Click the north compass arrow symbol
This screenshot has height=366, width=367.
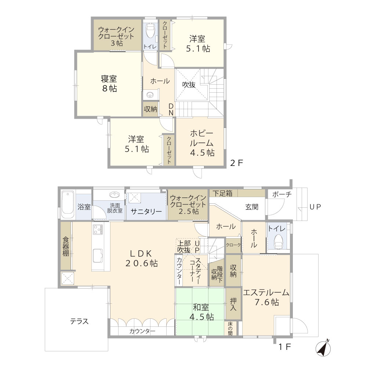click(323, 348)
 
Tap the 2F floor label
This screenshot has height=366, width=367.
click(237, 163)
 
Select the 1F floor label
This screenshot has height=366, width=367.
click(285, 347)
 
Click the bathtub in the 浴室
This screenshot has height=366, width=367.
click(68, 205)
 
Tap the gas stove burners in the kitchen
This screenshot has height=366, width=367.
click(98, 229)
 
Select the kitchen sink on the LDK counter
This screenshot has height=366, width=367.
click(98, 255)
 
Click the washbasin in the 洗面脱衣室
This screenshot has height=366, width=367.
click(115, 194)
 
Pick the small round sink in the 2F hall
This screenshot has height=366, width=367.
click(150, 95)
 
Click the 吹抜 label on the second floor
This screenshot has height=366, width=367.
click(189, 85)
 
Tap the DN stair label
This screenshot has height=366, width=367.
click(171, 110)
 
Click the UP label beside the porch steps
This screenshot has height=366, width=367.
click(315, 207)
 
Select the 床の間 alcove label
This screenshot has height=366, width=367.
click(230, 328)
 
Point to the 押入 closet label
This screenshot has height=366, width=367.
click(233, 304)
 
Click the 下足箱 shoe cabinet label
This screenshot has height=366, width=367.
click(223, 193)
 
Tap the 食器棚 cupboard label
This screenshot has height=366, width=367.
click(66, 246)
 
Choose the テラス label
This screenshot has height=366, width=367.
click(79, 321)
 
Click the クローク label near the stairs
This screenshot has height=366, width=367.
click(233, 245)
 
